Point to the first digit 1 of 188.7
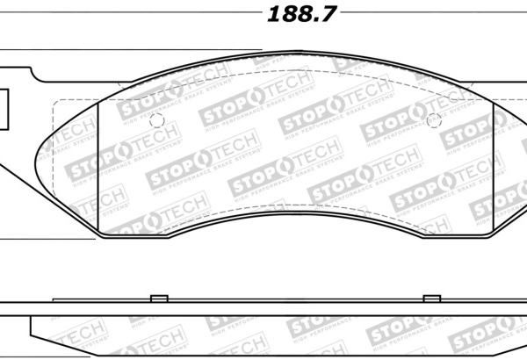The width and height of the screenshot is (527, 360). pyautogui.click(x=271, y=15)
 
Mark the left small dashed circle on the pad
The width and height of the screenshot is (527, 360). pyautogui.click(x=156, y=122)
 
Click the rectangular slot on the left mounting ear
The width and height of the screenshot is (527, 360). pyautogui.click(x=4, y=105)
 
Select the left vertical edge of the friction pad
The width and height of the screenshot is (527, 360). pyautogui.click(x=99, y=167)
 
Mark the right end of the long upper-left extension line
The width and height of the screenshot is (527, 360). pyautogui.click(x=262, y=50)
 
